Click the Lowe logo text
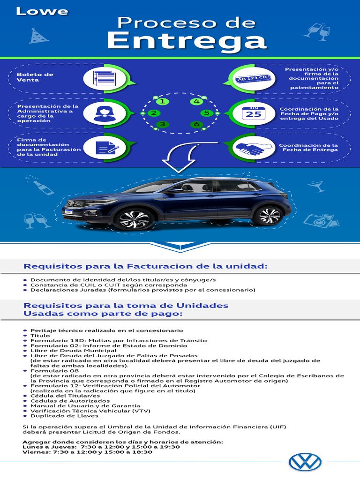(42, 11)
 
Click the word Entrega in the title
(187, 41)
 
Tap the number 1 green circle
(162, 101)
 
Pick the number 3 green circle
(162, 124)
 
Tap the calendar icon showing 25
(254, 113)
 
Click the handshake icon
(250, 149)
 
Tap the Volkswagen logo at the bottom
(305, 462)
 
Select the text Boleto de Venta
(35, 77)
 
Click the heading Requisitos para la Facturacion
(145, 266)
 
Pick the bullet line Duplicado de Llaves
(64, 416)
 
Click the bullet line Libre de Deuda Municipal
(73, 351)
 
